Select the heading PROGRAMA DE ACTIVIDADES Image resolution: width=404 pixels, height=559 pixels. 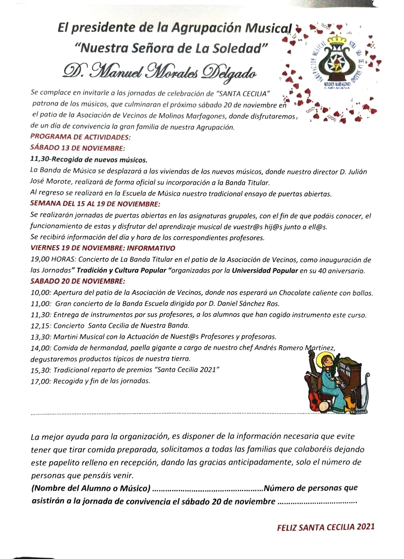pyautogui.click(x=80, y=137)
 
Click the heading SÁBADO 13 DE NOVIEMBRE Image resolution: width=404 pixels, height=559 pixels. pyautogui.click(x=78, y=148)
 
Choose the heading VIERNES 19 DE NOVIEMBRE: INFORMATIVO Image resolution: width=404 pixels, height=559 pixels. pyautogui.click(x=103, y=248)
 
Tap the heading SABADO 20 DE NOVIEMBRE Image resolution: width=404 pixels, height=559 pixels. pyautogui.click(x=78, y=281)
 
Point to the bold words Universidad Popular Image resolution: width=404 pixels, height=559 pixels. pyautogui.click(x=265, y=270)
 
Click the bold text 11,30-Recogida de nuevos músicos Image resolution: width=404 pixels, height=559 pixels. pyautogui.click(x=89, y=160)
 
